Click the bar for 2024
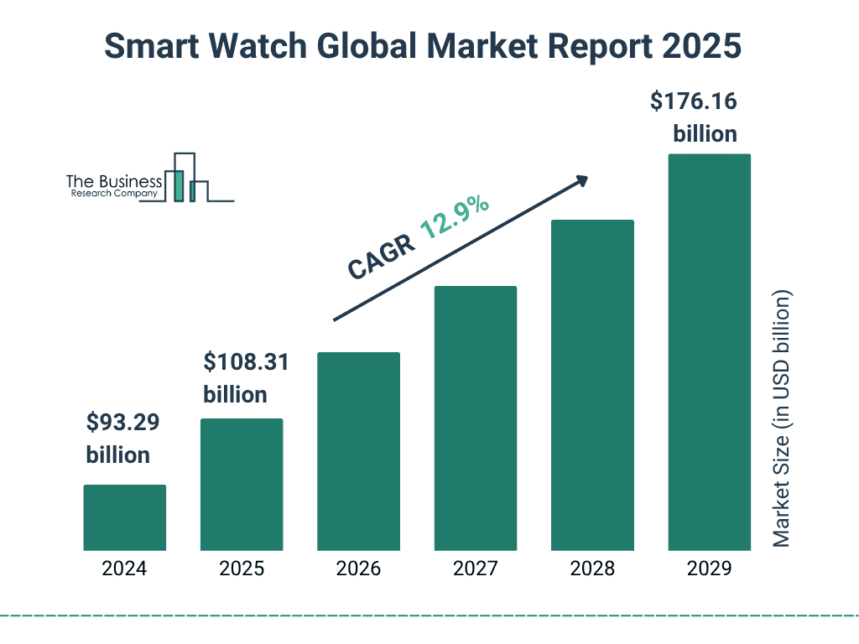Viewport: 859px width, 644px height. pos(124,517)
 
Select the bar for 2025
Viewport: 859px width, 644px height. pos(242,485)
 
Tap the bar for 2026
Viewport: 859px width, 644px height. pos(358,451)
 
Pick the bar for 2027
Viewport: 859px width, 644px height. pos(475,418)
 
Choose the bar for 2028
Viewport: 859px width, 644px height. pos(592,386)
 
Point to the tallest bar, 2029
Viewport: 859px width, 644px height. pos(709,352)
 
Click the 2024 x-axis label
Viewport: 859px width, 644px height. pos(124,569)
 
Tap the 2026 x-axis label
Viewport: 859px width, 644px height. pos(358,569)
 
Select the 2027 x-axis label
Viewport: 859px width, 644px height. pos(475,569)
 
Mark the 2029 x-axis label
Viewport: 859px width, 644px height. pos(709,569)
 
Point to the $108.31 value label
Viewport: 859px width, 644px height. pos(246,362)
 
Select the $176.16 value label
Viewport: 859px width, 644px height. pos(694,101)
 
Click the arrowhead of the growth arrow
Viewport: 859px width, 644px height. pos(580,180)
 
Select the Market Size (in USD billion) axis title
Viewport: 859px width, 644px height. pos(782,419)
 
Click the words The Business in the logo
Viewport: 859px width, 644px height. pos(114,181)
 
